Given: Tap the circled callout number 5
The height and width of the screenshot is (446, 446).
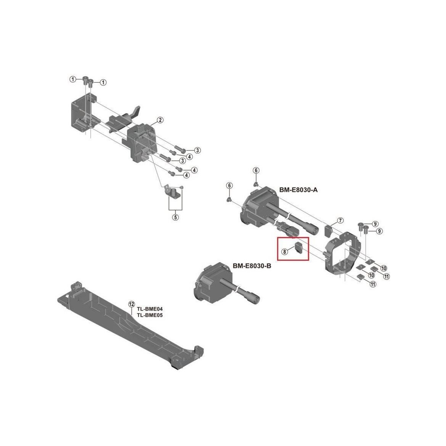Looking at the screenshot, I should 175,218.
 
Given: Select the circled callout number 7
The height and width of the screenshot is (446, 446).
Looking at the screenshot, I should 340,221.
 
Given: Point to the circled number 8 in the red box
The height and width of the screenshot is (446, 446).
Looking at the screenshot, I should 285,251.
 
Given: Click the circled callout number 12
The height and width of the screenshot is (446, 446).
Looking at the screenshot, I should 132,304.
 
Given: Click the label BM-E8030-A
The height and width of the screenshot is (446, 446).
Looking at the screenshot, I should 299,190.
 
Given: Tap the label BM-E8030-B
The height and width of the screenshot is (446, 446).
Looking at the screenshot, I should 252,266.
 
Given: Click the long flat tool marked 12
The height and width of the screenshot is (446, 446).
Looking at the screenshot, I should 126,324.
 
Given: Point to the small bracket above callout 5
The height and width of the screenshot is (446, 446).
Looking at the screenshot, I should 173,192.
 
